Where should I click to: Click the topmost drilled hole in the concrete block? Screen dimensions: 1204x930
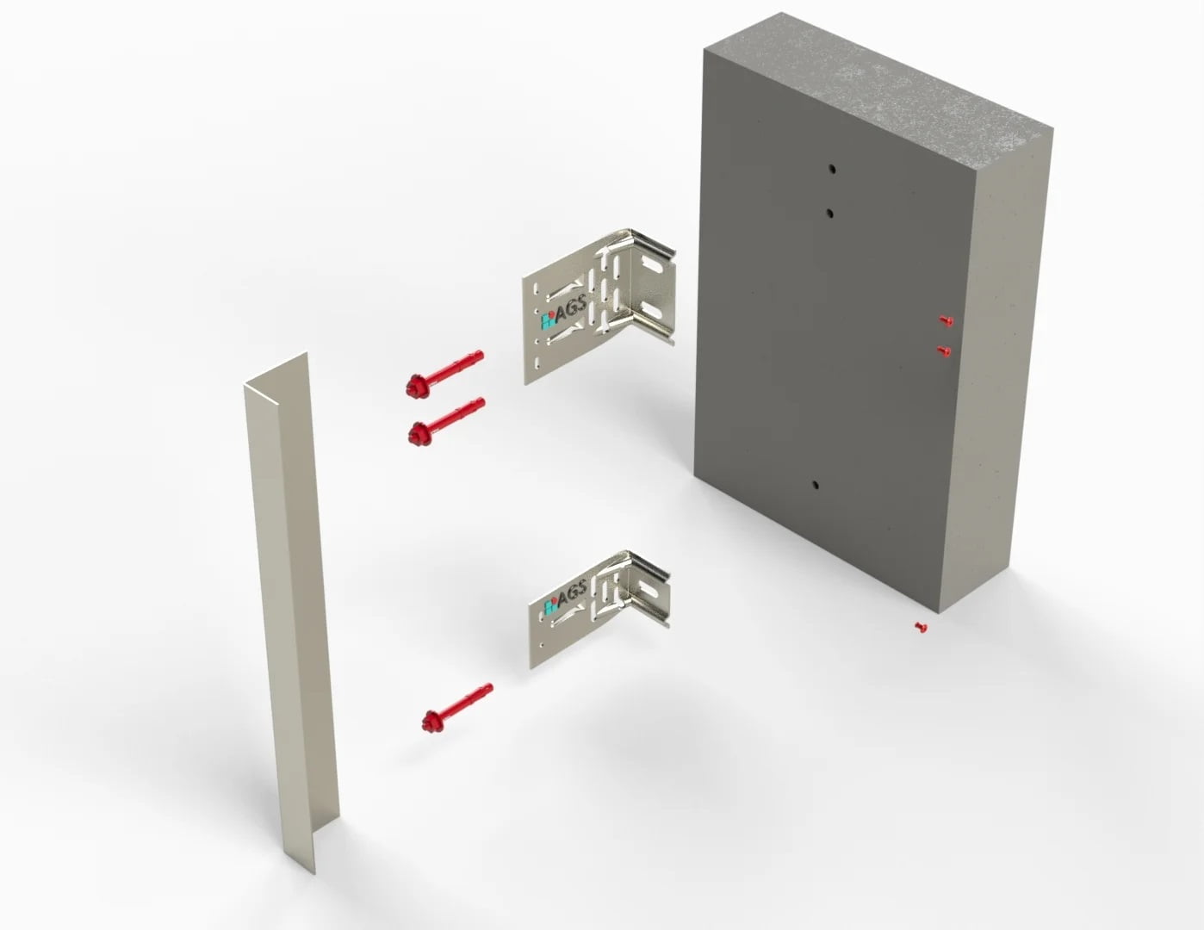tap(832, 170)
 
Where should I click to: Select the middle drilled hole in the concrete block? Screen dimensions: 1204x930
tap(830, 213)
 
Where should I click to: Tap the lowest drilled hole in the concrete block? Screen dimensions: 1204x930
tap(816, 485)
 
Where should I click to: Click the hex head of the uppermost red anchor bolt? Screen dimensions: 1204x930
tap(414, 386)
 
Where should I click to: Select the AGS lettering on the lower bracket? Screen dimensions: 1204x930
tap(572, 593)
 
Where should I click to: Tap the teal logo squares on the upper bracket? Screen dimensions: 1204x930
tap(548, 322)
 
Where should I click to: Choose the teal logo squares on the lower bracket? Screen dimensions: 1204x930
tap(550, 606)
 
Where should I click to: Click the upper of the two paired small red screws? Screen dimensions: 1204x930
tap(946, 320)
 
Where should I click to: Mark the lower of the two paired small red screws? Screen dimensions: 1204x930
tap(945, 350)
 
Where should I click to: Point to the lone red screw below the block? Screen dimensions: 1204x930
tap(921, 627)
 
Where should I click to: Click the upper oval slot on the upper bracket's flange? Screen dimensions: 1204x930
tap(654, 267)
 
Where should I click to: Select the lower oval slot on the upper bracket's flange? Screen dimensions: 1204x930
tap(654, 311)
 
